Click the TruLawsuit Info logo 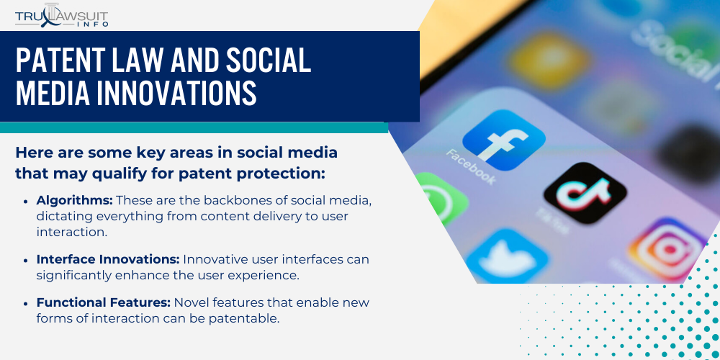click(x=63, y=15)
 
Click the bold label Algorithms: click(x=74, y=199)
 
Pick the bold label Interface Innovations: click(x=108, y=259)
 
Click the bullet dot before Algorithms click(x=27, y=199)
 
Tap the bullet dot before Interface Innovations click(x=27, y=260)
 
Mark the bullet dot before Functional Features click(x=27, y=303)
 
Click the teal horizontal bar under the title click(x=194, y=127)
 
